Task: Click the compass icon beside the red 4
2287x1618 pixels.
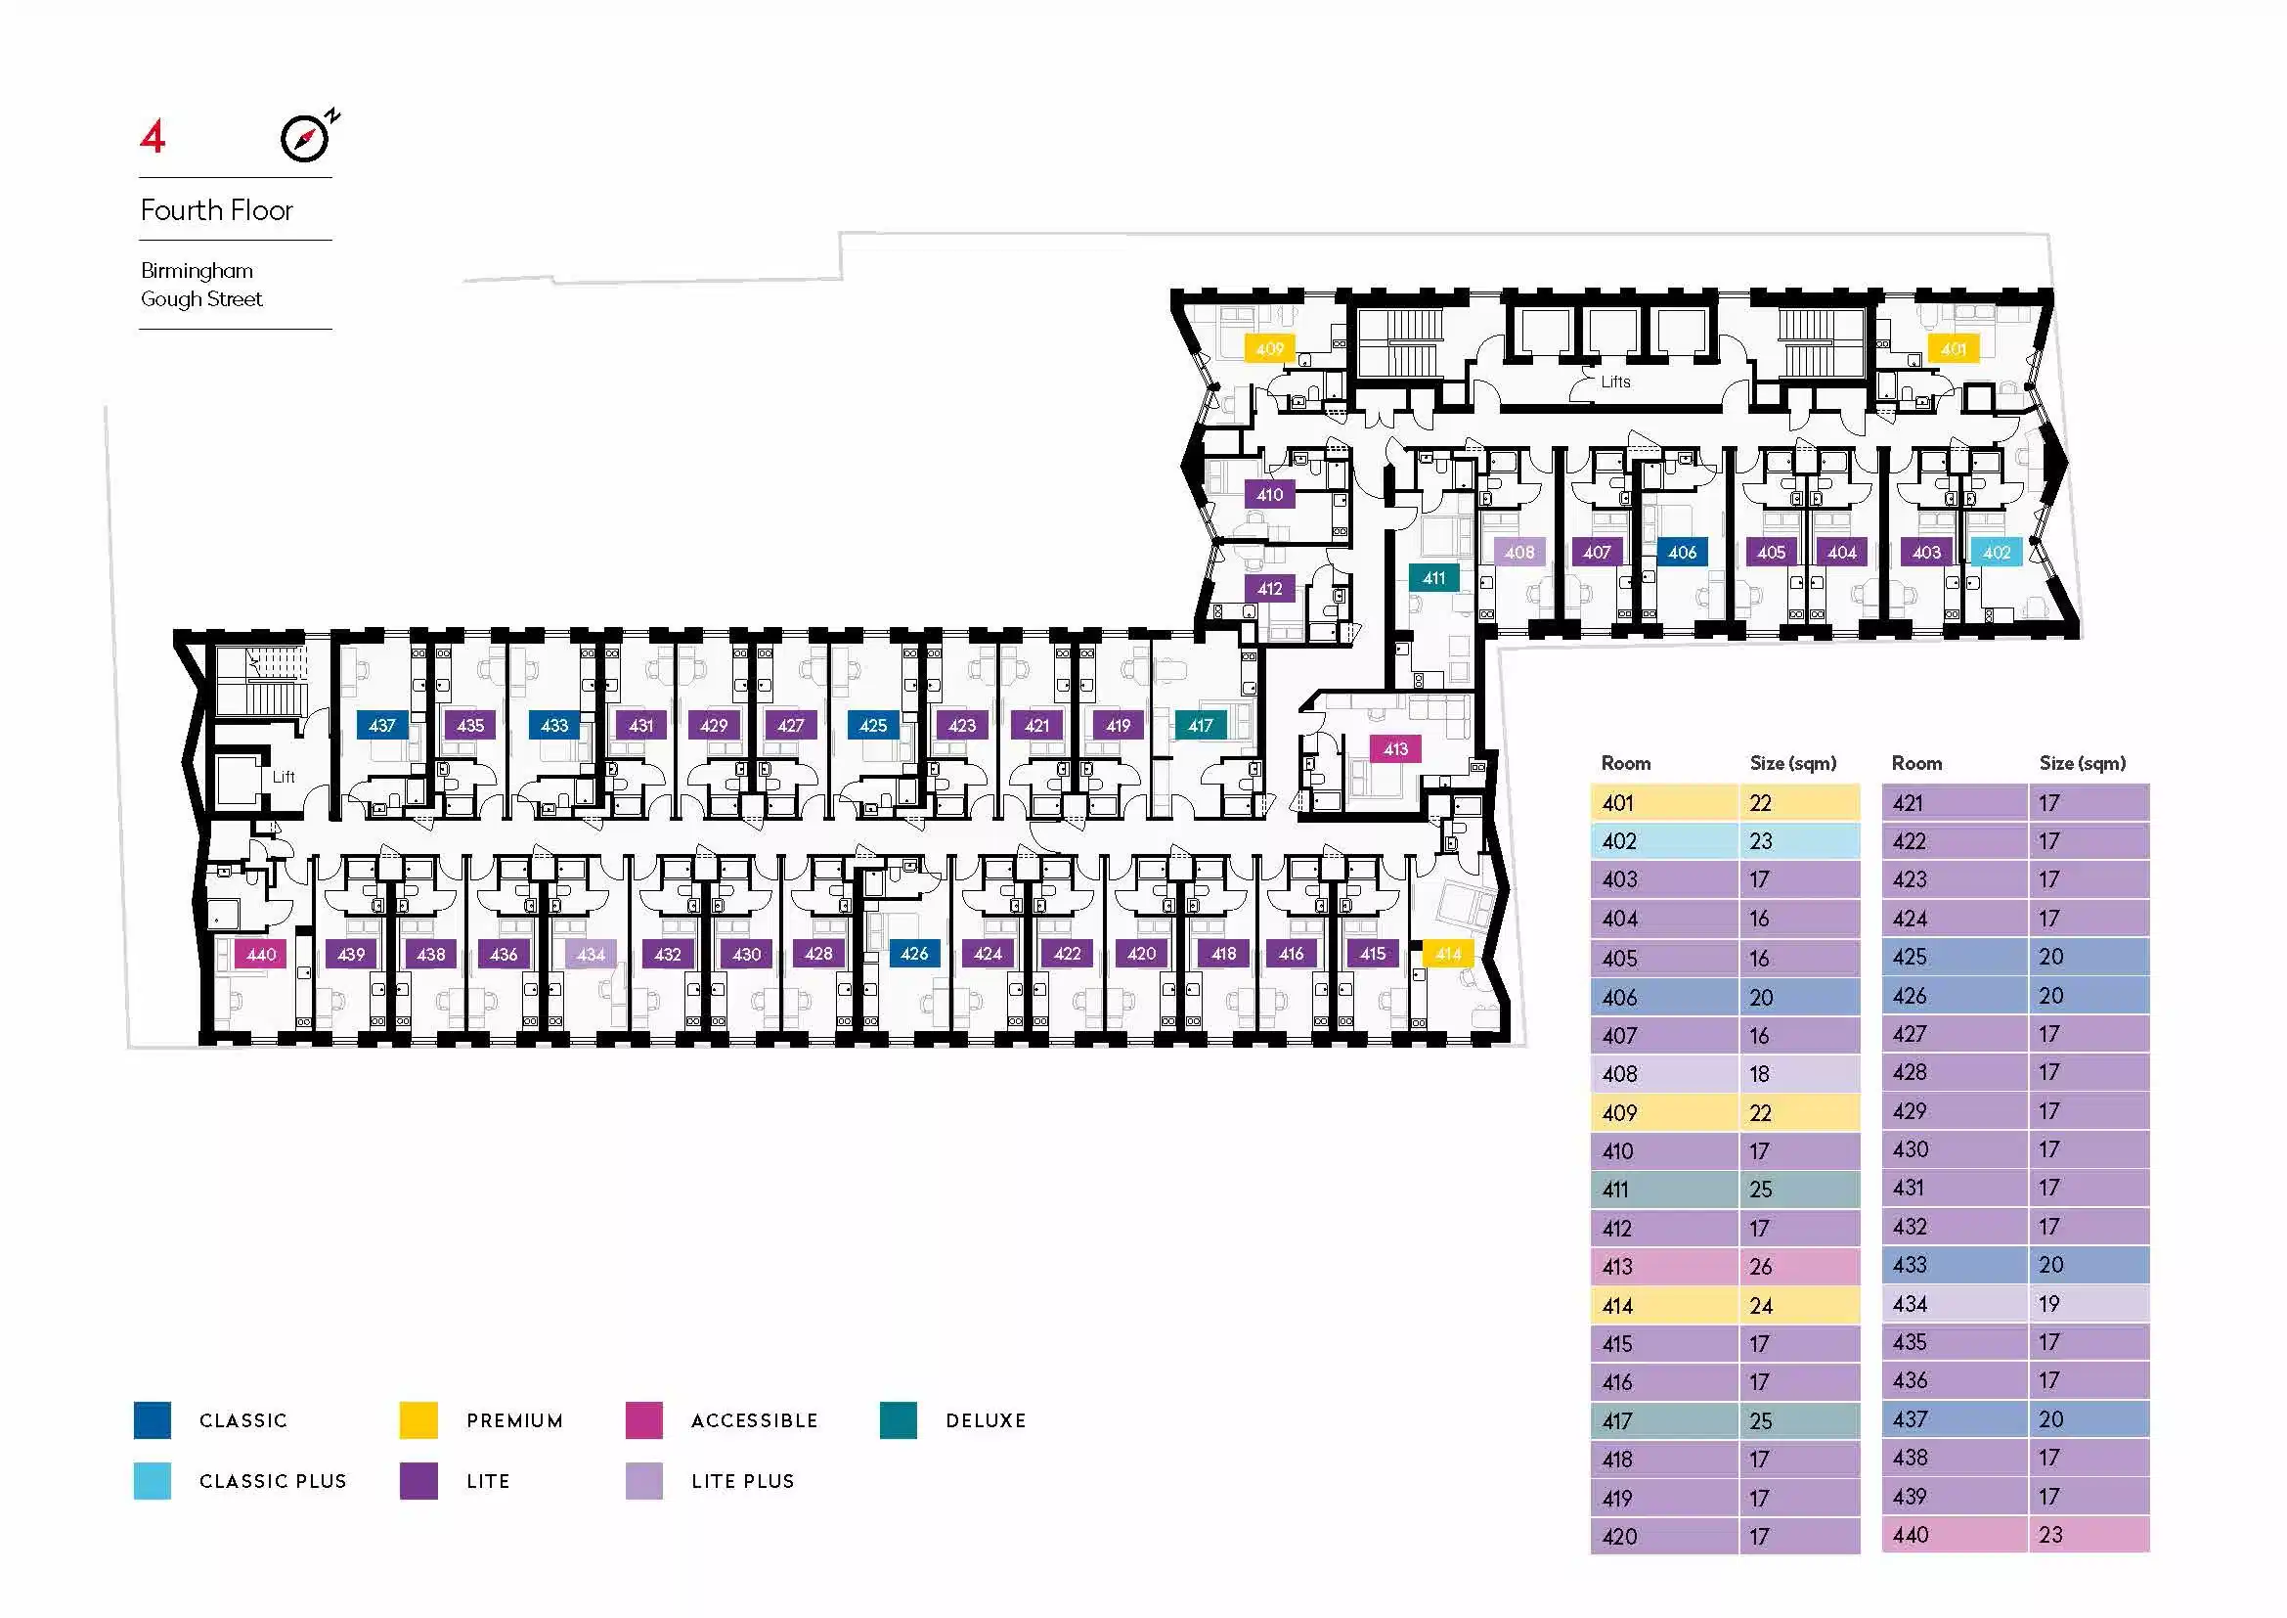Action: pyautogui.click(x=308, y=138)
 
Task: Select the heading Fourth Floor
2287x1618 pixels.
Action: pyautogui.click(x=217, y=210)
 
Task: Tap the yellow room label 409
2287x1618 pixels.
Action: pyautogui.click(x=1270, y=348)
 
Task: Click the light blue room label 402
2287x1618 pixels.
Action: pyautogui.click(x=1997, y=552)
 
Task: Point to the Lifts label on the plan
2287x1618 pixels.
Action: pyautogui.click(x=1615, y=382)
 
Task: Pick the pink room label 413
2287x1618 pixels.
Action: pyautogui.click(x=1395, y=748)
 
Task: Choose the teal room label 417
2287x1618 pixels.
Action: pyautogui.click(x=1201, y=725)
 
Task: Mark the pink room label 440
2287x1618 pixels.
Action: pyautogui.click(x=261, y=954)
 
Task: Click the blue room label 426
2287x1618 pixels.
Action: pyautogui.click(x=914, y=954)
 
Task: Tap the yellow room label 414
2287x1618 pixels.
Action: pyautogui.click(x=1448, y=954)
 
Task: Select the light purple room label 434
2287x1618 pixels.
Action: pyautogui.click(x=591, y=954)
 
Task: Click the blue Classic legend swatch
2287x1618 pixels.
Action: pyautogui.click(x=153, y=1419)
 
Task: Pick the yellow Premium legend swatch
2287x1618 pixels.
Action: pyautogui.click(x=418, y=1419)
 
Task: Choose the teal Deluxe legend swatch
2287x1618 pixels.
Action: pyautogui.click(x=899, y=1419)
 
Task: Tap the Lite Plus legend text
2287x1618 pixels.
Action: pyautogui.click(x=743, y=1480)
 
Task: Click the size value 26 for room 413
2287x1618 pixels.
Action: pyautogui.click(x=1761, y=1266)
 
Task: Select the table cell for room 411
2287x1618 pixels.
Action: pyautogui.click(x=1664, y=1189)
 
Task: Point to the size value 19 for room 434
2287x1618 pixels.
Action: pyautogui.click(x=2049, y=1303)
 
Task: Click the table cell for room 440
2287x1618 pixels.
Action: pyautogui.click(x=1955, y=1534)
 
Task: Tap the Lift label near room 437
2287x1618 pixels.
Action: pyautogui.click(x=284, y=776)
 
